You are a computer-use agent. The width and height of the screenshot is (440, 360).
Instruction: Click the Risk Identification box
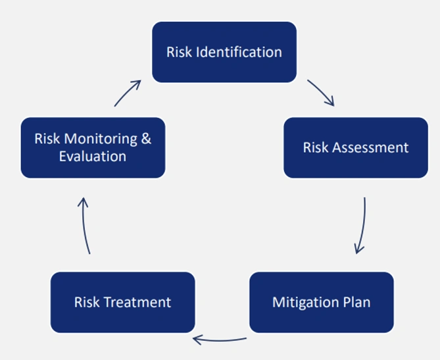(x=224, y=52)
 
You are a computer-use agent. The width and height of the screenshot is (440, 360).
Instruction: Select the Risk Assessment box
(x=356, y=147)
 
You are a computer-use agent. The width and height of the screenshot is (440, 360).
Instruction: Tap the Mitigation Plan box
(x=322, y=302)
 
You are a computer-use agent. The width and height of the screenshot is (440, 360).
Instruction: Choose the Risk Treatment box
(x=122, y=302)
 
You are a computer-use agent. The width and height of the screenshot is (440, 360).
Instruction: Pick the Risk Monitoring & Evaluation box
(x=93, y=147)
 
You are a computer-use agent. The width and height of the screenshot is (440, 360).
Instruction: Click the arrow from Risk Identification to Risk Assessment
(x=323, y=91)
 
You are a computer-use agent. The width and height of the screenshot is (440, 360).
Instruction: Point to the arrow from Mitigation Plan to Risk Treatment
(x=220, y=341)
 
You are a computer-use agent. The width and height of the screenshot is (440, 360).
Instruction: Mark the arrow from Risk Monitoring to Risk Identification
(x=126, y=92)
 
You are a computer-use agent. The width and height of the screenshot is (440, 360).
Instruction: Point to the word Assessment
(x=370, y=147)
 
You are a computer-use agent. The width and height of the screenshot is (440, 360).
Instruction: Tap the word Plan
(x=356, y=302)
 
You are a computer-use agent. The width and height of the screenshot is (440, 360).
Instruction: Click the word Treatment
(x=137, y=302)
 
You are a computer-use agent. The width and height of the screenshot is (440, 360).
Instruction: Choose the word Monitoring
(x=101, y=139)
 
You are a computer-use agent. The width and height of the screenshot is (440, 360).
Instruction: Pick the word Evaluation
(x=93, y=157)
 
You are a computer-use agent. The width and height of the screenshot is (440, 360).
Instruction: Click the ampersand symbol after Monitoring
(x=146, y=138)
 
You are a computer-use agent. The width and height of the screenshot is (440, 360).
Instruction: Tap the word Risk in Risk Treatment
(x=87, y=302)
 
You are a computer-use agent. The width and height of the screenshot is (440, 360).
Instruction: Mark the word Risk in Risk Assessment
(x=316, y=147)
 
